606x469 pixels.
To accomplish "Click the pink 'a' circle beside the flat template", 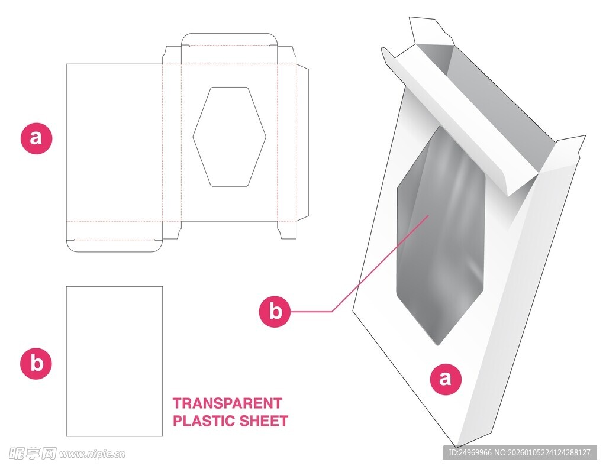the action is click(x=36, y=138).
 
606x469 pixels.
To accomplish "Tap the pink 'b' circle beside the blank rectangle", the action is click(x=36, y=364).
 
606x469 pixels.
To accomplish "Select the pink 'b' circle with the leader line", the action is click(x=275, y=311).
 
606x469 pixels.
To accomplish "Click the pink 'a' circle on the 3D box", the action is click(x=446, y=379).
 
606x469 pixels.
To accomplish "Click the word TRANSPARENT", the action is click(x=227, y=403).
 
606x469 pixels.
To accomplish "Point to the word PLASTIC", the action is click(x=204, y=421).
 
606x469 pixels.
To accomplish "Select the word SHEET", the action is click(x=263, y=421).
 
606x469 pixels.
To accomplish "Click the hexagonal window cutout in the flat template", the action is click(x=230, y=137).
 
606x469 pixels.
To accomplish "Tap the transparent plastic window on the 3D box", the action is click(x=440, y=235).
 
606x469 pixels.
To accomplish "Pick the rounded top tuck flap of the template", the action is click(x=230, y=40).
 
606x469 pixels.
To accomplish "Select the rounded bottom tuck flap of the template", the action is click(x=114, y=245).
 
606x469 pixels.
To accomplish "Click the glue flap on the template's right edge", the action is click(x=302, y=143).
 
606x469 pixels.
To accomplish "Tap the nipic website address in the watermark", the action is click(x=92, y=454).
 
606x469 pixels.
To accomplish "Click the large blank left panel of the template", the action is click(x=114, y=143).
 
